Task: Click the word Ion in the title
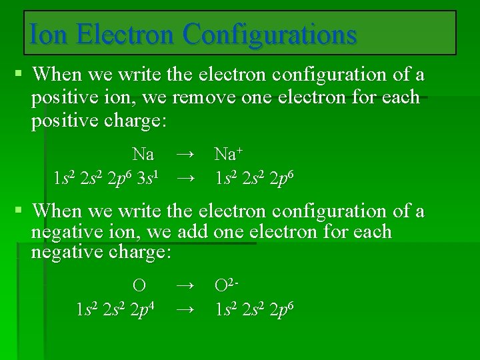click(x=49, y=33)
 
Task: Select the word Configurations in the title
click(x=270, y=33)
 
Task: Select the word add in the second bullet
click(x=194, y=233)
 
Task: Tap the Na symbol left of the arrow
click(x=143, y=155)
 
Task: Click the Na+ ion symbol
click(x=228, y=155)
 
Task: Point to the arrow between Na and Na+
click(x=186, y=155)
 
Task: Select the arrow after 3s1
click(x=186, y=179)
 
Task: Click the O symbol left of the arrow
click(x=139, y=286)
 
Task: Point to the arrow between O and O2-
click(x=187, y=286)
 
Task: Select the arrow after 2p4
click(x=187, y=310)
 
